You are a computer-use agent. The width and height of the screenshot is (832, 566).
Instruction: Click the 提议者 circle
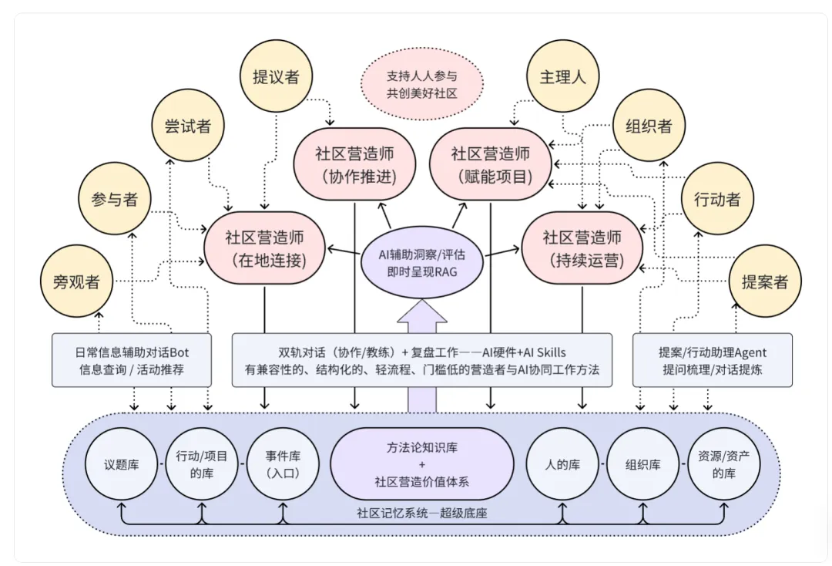click(x=276, y=77)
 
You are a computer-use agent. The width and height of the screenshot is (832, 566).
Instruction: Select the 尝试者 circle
click(x=188, y=126)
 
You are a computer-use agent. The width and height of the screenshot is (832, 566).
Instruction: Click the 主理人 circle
click(x=563, y=77)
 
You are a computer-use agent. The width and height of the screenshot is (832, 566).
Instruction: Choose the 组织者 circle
click(x=649, y=126)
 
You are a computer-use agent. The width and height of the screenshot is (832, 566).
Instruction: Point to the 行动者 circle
click(x=718, y=199)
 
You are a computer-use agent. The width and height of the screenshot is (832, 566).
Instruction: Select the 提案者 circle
click(x=765, y=281)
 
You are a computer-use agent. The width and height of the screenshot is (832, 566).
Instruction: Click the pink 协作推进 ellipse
click(x=354, y=164)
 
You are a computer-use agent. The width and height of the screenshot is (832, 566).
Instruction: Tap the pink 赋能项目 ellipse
click(x=491, y=164)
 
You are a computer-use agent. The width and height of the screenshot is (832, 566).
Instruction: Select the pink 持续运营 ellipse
click(x=582, y=248)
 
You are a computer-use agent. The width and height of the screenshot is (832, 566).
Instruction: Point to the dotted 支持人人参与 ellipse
click(x=422, y=85)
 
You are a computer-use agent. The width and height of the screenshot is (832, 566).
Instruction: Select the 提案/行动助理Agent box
click(x=713, y=360)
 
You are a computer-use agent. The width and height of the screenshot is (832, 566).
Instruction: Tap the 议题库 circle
click(x=121, y=465)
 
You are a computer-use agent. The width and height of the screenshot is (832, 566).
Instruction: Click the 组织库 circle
click(x=643, y=465)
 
